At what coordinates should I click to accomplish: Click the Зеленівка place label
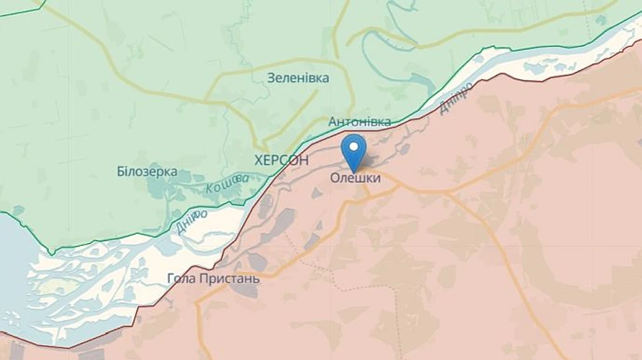tap(298, 78)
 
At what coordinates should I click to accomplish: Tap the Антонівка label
tap(360, 122)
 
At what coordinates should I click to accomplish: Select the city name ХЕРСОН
tap(281, 160)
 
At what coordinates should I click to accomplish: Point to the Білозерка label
tap(146, 172)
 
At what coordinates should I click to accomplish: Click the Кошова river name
tap(228, 184)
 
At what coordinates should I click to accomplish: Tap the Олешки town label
tap(355, 178)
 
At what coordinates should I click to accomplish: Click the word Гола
tap(180, 278)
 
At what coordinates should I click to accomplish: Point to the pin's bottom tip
tap(353, 171)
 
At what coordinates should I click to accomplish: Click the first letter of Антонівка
tap(332, 122)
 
